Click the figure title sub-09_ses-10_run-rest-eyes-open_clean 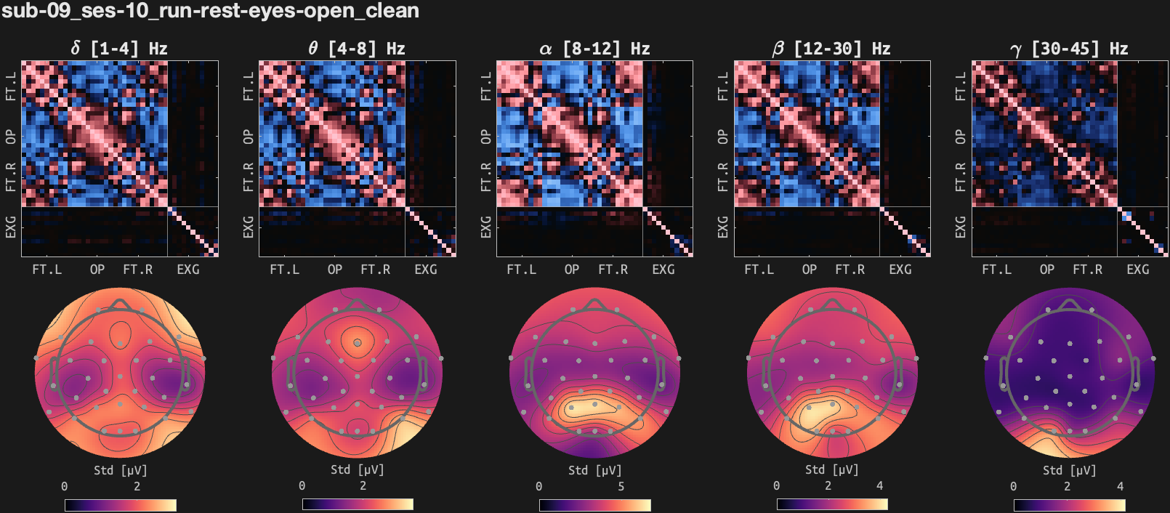coord(210,11)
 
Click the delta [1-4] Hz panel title coord(119,49)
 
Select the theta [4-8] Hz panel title coord(356,49)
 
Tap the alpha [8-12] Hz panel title coord(594,49)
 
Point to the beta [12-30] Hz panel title coord(831,49)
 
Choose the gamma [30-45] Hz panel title coord(1069,49)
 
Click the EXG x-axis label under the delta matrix coord(188,270)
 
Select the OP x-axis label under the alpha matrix coord(572,270)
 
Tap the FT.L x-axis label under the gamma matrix coord(996,270)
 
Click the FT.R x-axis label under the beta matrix coord(850,270)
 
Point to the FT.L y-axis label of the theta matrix coord(249,86)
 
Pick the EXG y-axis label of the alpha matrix coord(486,227)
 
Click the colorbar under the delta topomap coord(120,504)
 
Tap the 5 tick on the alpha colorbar coord(621,486)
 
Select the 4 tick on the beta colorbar coord(879,485)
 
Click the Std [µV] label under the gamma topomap coord(1069,470)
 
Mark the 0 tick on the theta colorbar coord(302,485)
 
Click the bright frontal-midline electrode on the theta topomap coord(357,342)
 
